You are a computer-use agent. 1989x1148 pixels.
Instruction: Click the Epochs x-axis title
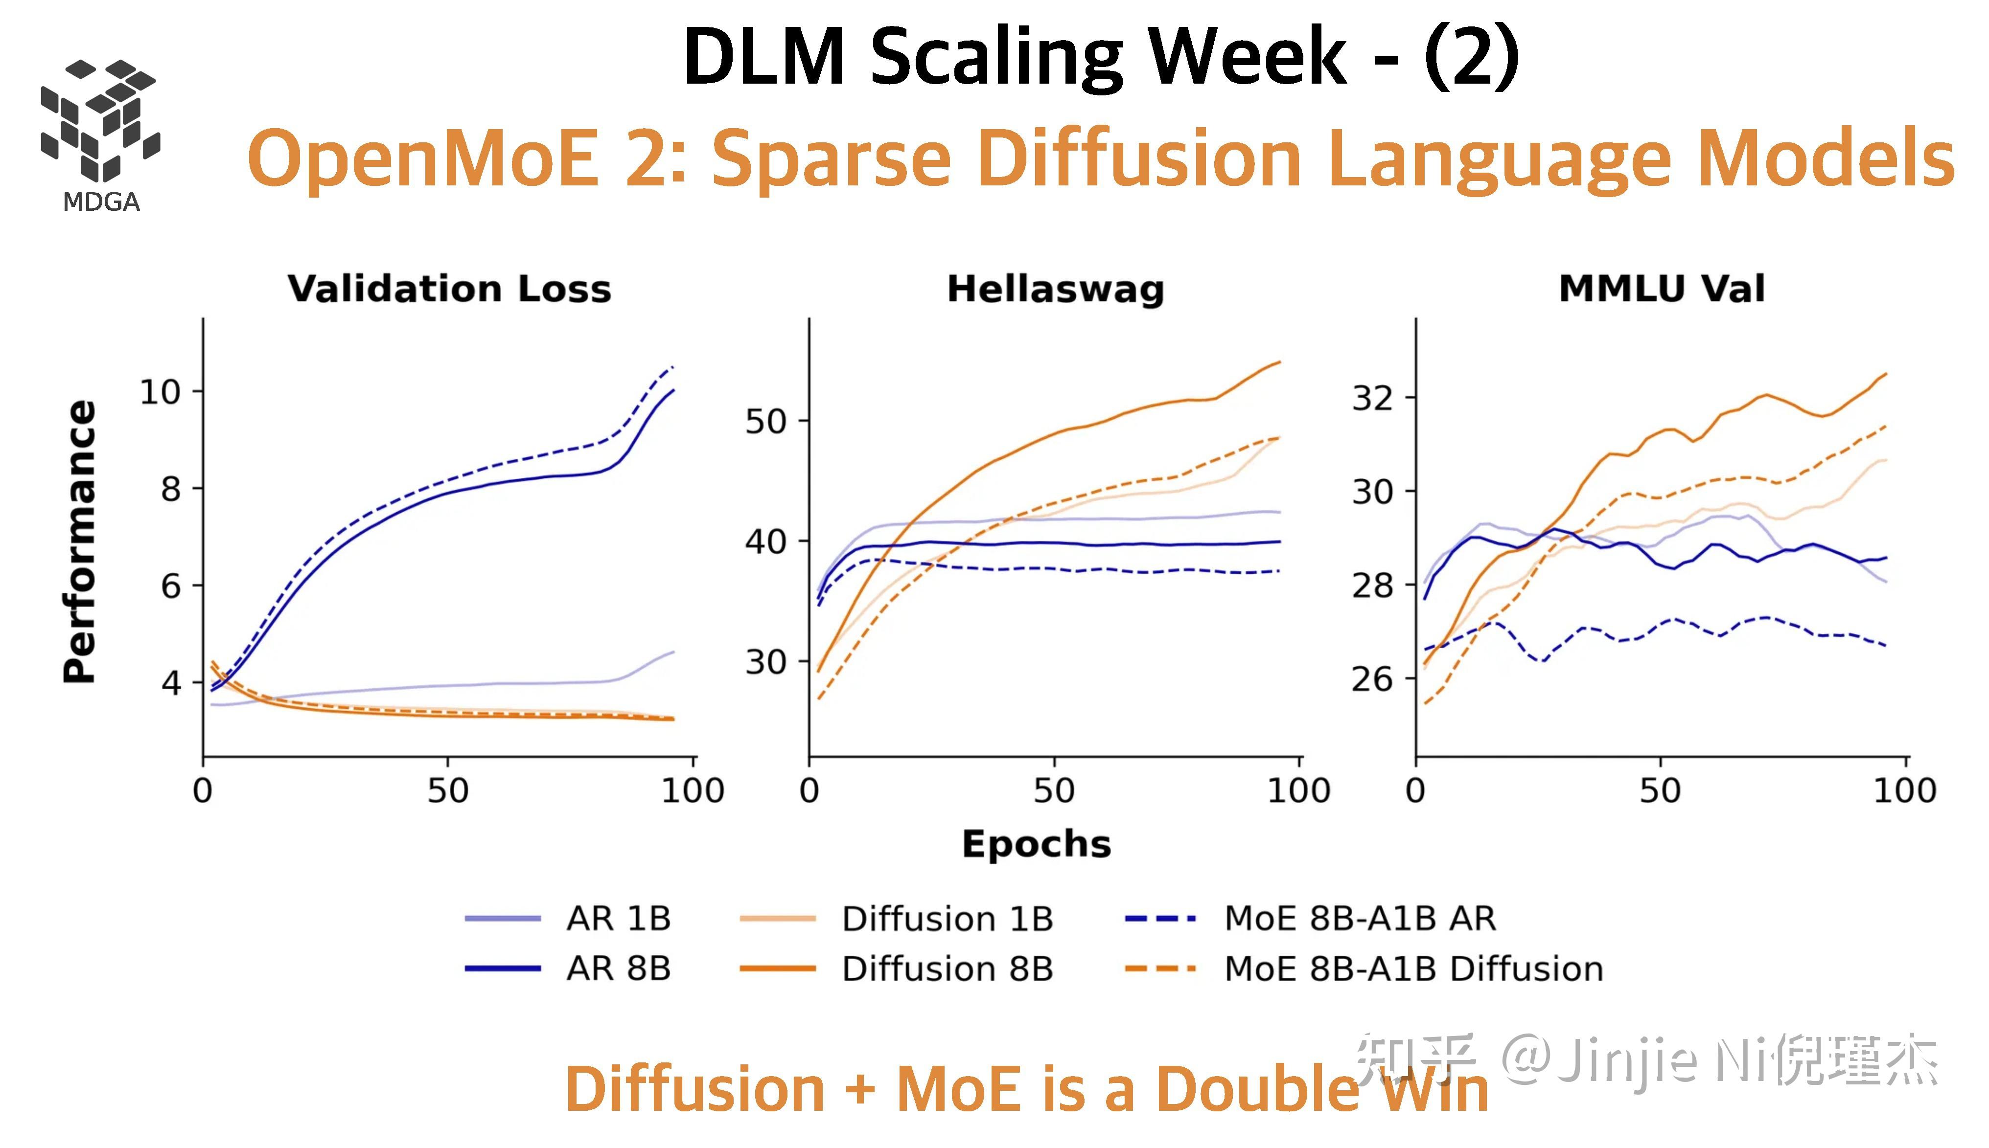pyautogui.click(x=1036, y=844)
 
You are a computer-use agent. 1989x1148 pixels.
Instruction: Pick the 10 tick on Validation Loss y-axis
pyautogui.click(x=160, y=392)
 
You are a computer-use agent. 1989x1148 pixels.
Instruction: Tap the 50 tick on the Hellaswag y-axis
pyautogui.click(x=766, y=422)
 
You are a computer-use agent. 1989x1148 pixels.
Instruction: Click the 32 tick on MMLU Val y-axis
pyautogui.click(x=1373, y=398)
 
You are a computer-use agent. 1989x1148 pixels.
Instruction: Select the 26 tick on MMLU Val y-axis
pyautogui.click(x=1373, y=679)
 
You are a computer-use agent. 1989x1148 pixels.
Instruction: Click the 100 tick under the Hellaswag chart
pyautogui.click(x=1298, y=790)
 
